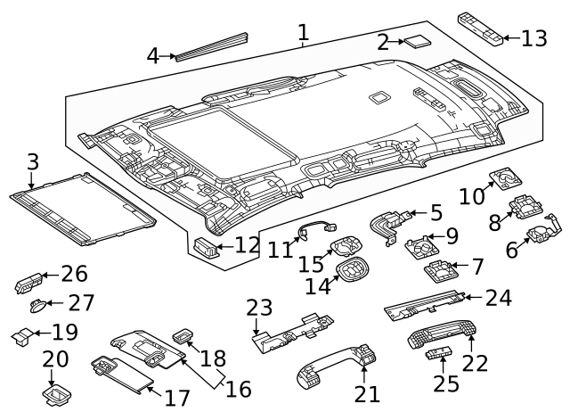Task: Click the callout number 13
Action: pos(533,38)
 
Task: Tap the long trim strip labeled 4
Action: pos(212,47)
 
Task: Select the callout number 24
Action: pos(499,298)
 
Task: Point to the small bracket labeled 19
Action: pos(21,335)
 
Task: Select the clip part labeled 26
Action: pos(26,284)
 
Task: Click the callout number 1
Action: pos(303,33)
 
